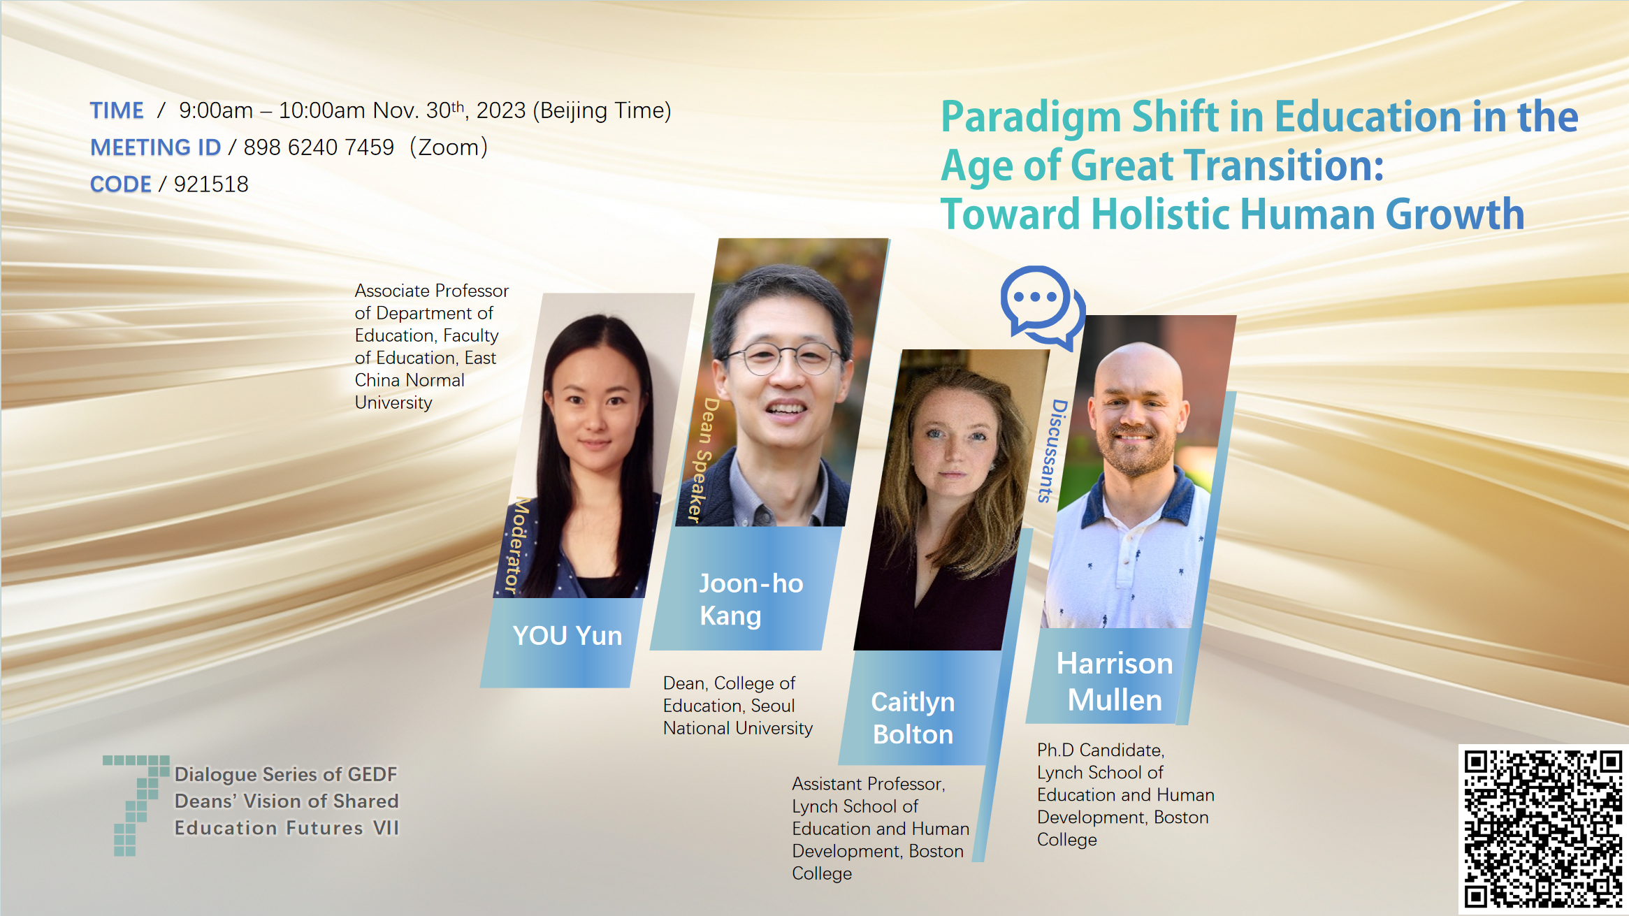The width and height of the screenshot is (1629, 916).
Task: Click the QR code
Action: pos(1543,829)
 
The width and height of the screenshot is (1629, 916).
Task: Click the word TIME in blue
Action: pos(117,110)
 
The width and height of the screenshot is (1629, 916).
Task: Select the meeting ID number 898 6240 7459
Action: pos(319,147)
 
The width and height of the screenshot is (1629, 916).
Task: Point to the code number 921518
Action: pos(211,184)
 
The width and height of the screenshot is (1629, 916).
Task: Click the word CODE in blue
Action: pos(121,184)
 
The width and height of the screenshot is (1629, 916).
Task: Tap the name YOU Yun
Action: pos(567,636)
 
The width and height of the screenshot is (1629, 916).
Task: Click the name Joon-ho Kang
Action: pos(751,599)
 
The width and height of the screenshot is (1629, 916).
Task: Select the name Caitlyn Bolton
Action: pos(913,718)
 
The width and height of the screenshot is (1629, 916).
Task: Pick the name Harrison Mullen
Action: pos(1115,681)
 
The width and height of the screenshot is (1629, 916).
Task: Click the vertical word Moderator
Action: pos(517,546)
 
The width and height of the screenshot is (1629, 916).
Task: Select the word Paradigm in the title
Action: pos(1031,117)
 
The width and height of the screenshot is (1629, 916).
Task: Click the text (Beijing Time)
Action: pos(602,110)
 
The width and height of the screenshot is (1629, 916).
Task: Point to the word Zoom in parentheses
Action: pos(449,147)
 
